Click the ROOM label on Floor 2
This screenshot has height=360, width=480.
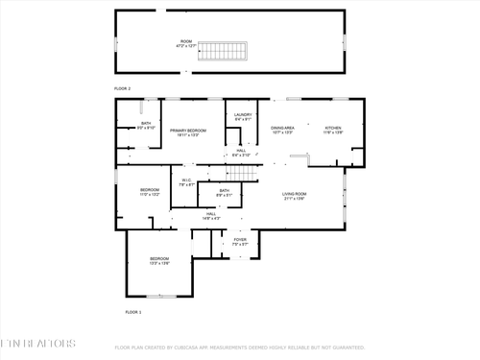186,43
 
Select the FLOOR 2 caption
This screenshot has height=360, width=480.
122,88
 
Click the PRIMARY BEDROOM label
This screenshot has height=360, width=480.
189,132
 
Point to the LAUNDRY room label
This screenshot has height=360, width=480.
243,117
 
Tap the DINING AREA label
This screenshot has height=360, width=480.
282,130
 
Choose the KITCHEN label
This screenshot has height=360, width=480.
332,130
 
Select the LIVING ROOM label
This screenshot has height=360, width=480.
295,196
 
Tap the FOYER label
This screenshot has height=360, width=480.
240,241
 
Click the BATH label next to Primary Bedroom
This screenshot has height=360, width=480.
146,125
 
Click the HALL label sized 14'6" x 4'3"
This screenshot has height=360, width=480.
210,216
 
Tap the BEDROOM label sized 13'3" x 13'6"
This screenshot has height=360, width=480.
158,260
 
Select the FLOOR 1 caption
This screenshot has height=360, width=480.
133,312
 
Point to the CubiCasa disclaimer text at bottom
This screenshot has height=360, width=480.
240,348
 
